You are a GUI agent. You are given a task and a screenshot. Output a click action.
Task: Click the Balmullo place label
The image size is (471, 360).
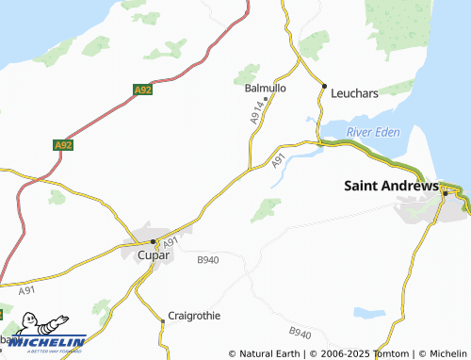265,88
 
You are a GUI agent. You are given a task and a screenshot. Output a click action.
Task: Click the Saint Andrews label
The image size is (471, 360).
390,186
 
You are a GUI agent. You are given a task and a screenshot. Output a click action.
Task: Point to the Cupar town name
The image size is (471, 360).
154,255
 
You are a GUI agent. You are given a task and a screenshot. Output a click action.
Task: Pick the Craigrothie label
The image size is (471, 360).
193,316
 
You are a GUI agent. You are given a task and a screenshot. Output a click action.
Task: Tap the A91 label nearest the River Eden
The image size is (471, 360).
278,162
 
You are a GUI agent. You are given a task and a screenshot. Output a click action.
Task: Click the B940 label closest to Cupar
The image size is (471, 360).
208,259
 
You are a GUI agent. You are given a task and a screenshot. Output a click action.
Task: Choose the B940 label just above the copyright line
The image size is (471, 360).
300,334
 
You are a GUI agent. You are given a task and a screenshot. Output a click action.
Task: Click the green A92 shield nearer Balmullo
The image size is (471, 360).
142,90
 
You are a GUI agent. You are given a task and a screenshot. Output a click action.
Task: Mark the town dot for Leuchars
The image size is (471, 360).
324,88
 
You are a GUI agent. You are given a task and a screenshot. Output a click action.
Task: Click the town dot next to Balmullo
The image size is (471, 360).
267,98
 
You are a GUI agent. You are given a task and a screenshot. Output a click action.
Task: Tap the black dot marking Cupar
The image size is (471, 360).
154,241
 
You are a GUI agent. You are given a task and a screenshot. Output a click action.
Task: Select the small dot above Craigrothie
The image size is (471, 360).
162,321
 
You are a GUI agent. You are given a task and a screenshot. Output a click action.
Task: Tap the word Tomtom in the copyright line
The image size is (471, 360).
390,353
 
